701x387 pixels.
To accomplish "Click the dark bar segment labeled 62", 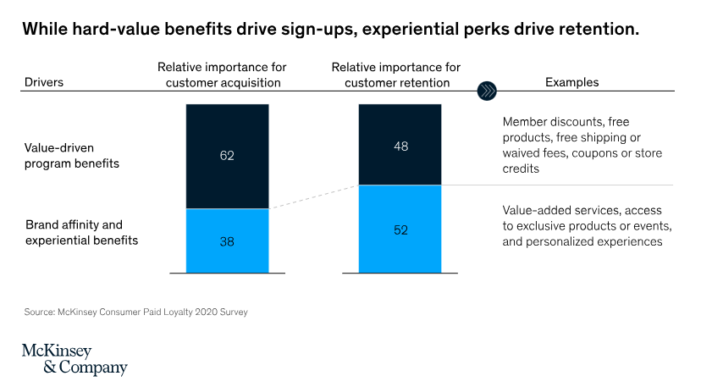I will point(226,156).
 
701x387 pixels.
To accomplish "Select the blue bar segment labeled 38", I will point(226,241).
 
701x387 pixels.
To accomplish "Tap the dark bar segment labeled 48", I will point(400,145).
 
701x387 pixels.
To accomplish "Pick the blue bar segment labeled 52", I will point(400,229).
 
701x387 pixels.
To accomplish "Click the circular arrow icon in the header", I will point(488,90).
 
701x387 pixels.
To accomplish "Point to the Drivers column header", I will point(44,83).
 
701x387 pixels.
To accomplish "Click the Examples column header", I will point(571,83).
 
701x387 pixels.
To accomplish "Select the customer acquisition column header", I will point(220,75).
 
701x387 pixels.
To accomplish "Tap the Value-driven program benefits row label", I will point(72,155).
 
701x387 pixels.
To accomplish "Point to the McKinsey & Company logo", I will point(75,359).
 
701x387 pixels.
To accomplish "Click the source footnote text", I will point(135,312).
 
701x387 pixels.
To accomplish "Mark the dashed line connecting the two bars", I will point(313,197).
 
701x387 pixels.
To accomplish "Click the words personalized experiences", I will point(610,241).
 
